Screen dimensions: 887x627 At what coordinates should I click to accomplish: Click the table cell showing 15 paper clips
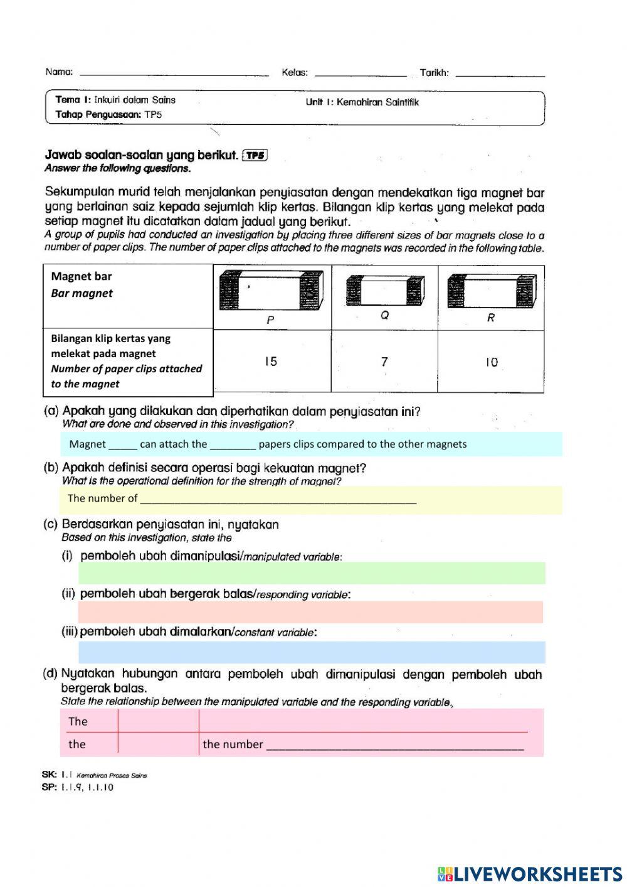[x=271, y=362]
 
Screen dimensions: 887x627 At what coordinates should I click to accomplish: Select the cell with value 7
[x=384, y=362]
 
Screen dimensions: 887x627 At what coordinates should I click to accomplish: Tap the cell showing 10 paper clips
[x=491, y=362]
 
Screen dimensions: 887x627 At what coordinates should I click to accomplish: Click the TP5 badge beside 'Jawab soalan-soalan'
[x=255, y=156]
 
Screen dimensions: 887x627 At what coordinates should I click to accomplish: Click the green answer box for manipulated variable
[x=312, y=573]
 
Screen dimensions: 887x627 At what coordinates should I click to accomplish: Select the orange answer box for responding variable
[x=310, y=612]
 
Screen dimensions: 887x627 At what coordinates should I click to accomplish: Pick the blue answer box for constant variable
[x=312, y=652]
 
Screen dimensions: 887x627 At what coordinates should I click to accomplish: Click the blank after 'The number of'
[x=278, y=499]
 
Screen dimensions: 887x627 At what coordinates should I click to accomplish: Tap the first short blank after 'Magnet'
[x=123, y=445]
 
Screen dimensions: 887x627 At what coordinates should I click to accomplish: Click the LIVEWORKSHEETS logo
[x=529, y=873]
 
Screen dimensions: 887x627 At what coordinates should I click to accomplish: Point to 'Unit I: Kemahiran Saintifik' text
[x=362, y=102]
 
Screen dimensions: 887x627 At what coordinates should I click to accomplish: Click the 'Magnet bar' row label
[x=82, y=277]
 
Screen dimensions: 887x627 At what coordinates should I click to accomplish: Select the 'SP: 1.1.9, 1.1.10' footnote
[x=78, y=787]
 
